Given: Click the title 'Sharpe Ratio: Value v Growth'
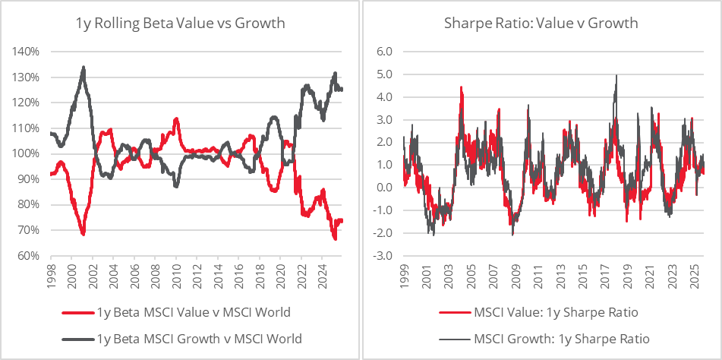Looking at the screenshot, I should [x=541, y=23].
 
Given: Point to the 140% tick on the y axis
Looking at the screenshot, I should [x=27, y=52].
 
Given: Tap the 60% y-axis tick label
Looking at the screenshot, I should [x=29, y=256].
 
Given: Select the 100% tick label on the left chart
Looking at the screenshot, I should [x=27, y=153].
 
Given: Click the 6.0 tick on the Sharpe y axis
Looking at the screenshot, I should [x=383, y=52].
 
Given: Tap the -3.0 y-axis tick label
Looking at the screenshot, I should [x=381, y=256].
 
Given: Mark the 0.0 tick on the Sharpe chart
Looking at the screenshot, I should [x=383, y=188].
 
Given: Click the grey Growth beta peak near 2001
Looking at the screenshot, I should [x=84, y=68].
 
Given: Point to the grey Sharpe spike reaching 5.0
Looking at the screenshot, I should [x=616, y=75].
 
